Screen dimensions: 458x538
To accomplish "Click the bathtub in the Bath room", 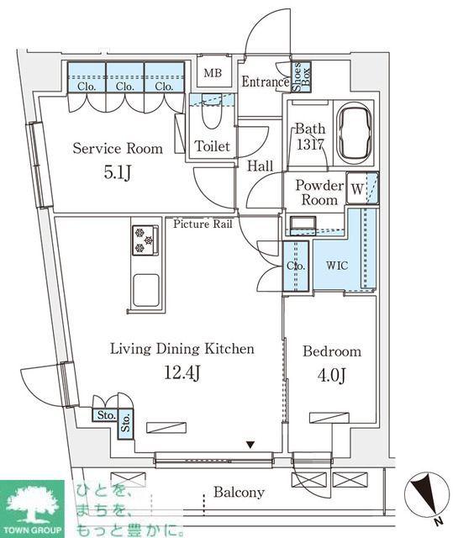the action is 355,133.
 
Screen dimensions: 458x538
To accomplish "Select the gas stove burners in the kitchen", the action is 145,240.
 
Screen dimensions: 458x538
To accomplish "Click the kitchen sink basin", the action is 146,290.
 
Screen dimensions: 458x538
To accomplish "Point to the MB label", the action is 213,73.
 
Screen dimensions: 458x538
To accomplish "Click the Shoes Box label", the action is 301,76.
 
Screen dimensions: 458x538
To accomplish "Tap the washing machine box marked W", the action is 357,188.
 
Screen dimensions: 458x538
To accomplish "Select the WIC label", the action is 337,266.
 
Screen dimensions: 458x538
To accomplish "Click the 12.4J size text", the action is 182,372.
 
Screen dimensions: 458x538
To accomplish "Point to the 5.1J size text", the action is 118,172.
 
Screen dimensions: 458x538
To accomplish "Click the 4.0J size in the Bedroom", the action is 331,376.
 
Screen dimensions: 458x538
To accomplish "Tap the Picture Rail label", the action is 203,224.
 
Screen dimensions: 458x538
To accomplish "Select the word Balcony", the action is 240,493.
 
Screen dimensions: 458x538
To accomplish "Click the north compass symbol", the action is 427,495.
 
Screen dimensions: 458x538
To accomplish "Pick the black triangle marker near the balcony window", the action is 250,445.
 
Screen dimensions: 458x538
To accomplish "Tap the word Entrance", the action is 266,82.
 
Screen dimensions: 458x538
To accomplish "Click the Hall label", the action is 261,166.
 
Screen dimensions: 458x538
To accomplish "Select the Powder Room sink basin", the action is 303,224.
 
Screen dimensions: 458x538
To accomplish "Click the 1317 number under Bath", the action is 310,144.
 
